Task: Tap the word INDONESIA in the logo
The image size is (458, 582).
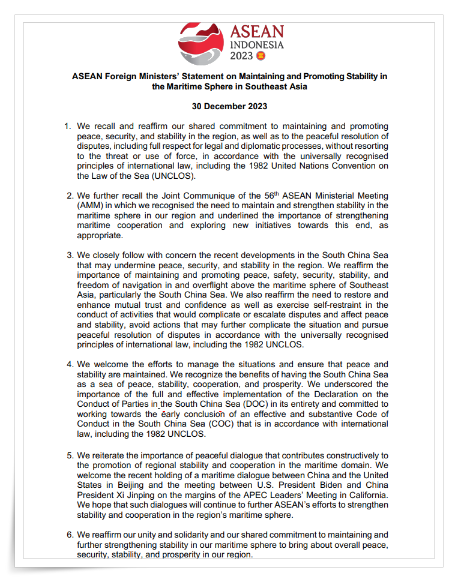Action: [257, 44]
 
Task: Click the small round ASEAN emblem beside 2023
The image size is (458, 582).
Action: [261, 56]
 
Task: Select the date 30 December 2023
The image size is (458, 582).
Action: [229, 106]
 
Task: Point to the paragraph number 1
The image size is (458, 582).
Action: [68, 127]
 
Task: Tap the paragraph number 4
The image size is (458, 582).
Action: [69, 364]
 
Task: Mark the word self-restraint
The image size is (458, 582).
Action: [345, 305]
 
